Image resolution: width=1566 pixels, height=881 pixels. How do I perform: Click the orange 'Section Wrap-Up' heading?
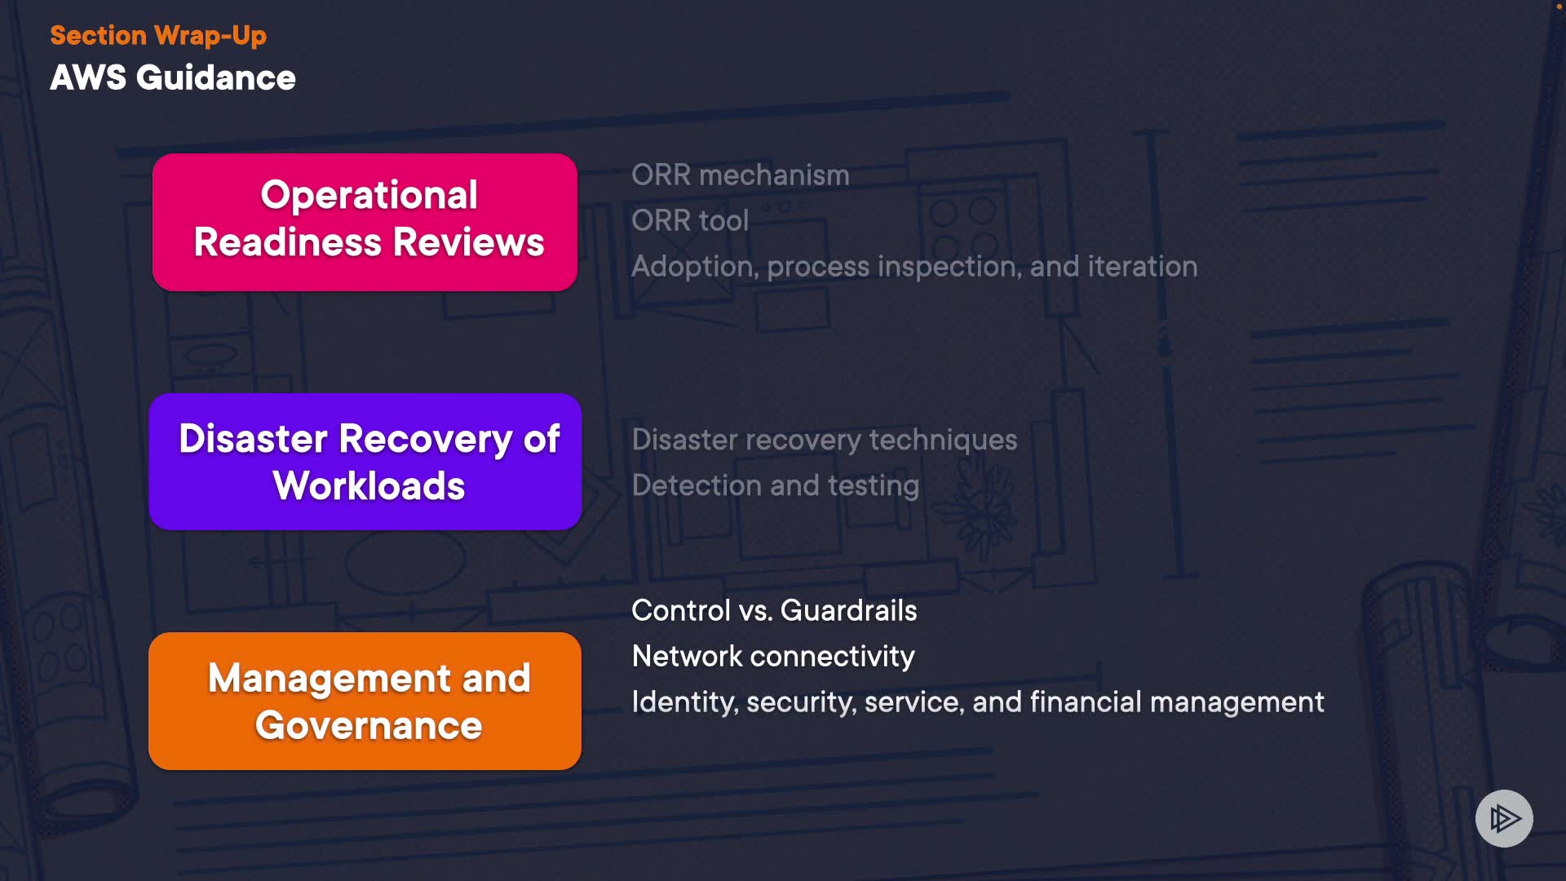tap(158, 36)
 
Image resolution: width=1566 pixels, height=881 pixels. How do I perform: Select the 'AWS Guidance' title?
tap(173, 78)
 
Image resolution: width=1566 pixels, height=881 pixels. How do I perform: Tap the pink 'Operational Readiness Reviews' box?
tap(365, 222)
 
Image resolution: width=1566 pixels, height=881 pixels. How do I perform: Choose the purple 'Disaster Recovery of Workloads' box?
tap(365, 462)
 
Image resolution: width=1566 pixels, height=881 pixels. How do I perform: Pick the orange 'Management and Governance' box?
tap(365, 701)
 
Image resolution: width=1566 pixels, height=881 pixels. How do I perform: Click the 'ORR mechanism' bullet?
tap(740, 175)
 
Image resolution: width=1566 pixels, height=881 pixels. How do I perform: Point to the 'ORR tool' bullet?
tap(690, 221)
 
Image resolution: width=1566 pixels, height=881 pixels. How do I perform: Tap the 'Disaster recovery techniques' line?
tap(825, 440)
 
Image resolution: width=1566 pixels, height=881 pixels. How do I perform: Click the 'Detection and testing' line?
tap(776, 486)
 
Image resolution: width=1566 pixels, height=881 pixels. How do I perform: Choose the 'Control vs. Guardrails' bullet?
tap(774, 611)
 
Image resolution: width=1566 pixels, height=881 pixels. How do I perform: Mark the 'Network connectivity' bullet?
tap(773, 657)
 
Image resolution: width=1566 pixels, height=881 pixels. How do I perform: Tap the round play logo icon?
tap(1504, 818)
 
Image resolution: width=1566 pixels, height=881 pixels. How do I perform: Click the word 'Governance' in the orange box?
tap(369, 725)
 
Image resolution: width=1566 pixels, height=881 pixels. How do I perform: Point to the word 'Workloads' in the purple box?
tap(369, 486)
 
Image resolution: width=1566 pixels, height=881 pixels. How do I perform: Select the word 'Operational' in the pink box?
tap(369, 196)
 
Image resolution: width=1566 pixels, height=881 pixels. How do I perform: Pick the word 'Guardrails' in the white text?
tap(848, 611)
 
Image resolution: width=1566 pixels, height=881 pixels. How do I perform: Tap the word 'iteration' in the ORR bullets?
tap(1143, 267)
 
